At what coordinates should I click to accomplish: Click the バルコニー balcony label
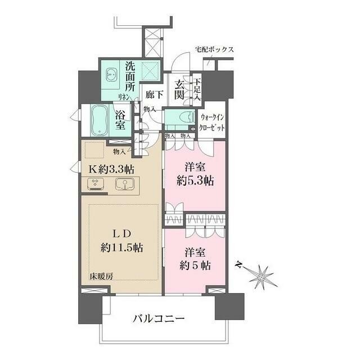(159, 319)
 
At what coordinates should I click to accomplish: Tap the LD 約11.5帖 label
(118, 240)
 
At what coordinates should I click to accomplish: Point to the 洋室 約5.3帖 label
(192, 174)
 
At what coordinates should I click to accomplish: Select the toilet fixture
(180, 119)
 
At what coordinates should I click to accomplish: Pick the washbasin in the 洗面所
(111, 73)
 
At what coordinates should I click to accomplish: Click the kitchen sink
(125, 184)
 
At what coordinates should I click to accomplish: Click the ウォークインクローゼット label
(213, 123)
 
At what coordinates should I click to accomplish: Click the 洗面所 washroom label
(130, 77)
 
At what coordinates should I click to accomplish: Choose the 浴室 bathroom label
(120, 120)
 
